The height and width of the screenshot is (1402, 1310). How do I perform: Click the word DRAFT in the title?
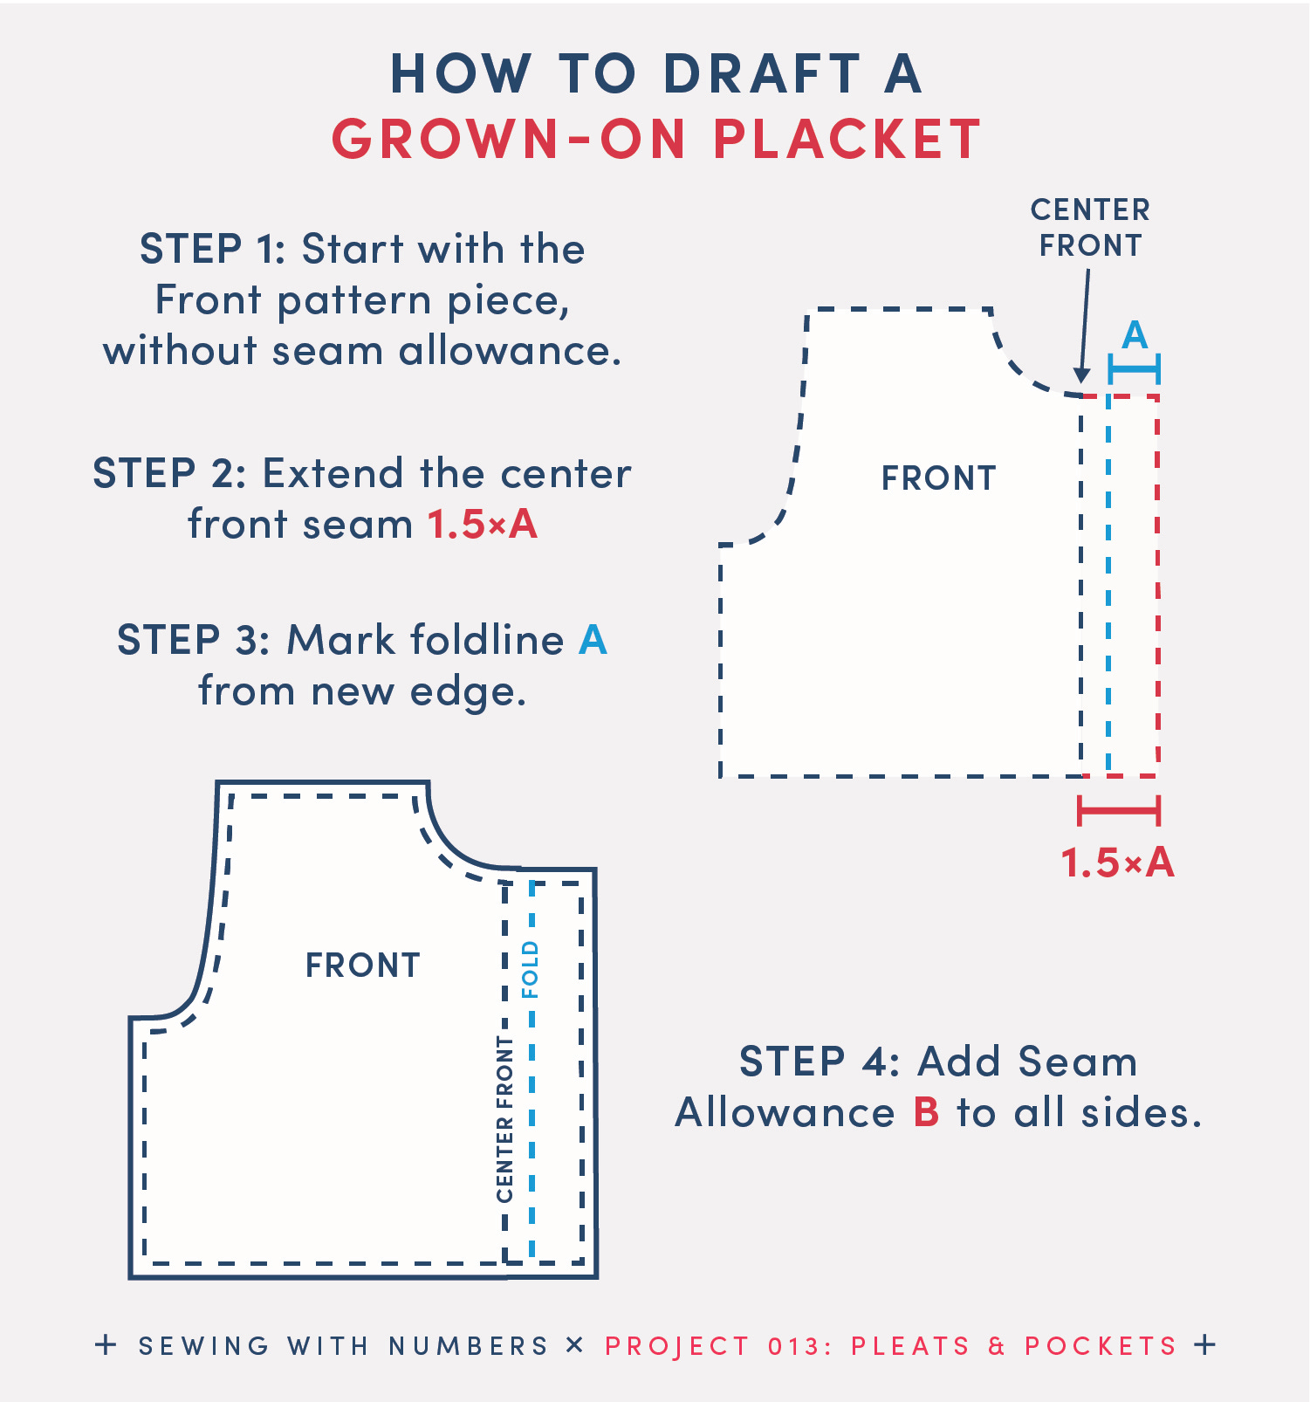763,73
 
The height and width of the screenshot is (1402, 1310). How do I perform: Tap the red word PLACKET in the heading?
847,139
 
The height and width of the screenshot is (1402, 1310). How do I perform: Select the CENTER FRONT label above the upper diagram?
1090,227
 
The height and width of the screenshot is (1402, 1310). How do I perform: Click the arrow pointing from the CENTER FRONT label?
1085,326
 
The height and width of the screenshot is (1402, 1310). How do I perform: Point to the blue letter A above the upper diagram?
1134,335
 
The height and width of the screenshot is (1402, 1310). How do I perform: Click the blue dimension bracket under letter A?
1134,369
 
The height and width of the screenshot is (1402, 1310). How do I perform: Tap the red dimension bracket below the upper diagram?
1119,810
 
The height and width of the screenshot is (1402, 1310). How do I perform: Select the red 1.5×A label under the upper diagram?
1117,863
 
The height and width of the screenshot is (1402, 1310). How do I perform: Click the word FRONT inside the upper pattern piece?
938,478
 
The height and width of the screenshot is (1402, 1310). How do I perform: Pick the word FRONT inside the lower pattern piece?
363,966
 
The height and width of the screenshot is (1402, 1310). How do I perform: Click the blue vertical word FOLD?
530,970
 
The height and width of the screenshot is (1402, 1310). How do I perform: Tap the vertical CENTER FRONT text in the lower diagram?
504,1119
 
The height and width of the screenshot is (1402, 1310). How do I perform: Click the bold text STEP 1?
213,249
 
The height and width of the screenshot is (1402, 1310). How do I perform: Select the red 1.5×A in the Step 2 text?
483,525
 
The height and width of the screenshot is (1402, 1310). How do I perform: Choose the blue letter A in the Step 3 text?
593,640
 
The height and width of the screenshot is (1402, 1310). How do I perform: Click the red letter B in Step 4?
926,1113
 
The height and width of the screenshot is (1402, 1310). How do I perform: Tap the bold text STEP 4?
820,1062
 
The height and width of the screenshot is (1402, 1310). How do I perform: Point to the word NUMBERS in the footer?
469,1346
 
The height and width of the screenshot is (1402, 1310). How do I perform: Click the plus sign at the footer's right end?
1204,1344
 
